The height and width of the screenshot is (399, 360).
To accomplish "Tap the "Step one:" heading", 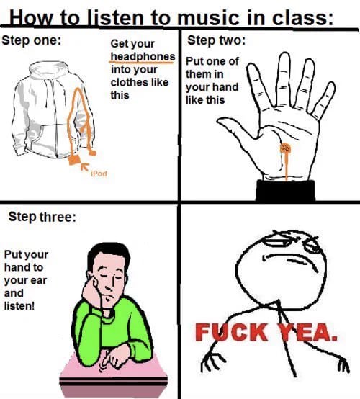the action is tap(31, 40).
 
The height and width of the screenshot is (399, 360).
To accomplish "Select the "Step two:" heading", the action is tap(217, 40).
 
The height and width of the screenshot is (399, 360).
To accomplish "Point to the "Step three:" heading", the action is tap(42, 217).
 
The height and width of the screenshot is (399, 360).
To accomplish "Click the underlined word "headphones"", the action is tap(143, 56).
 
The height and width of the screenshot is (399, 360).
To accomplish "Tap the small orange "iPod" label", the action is tap(99, 174).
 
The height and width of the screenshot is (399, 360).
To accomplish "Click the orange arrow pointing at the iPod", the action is tap(85, 166).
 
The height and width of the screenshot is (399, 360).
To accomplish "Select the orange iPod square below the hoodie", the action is tap(74, 160).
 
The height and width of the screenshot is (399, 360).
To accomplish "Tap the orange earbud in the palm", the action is tap(285, 148).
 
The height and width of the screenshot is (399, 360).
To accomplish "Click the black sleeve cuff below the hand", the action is tap(285, 190).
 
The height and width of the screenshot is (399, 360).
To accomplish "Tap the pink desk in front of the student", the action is tap(113, 374).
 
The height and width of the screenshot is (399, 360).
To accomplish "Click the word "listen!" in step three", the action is tap(19, 305).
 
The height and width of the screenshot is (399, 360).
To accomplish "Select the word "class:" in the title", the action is tap(302, 18).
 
